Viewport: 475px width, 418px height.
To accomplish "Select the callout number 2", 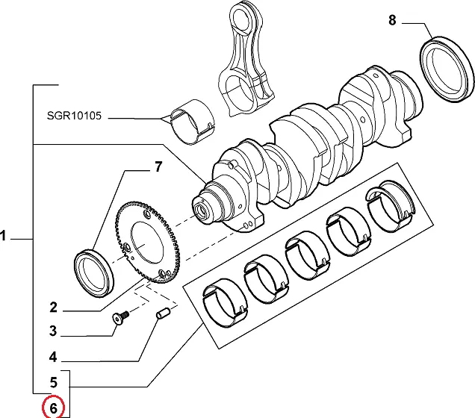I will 53,308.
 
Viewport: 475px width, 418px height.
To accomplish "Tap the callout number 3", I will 53,331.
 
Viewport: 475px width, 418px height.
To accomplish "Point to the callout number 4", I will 53,356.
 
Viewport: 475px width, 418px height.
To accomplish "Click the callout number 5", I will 53,383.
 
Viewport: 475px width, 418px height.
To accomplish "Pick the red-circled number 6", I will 53,408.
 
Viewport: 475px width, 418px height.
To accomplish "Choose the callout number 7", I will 158,167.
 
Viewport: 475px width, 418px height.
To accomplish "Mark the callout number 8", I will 393,20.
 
